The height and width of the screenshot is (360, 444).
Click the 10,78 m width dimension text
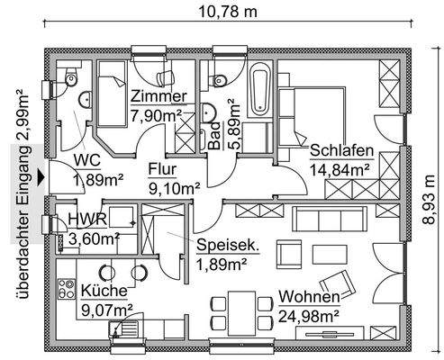point(228,12)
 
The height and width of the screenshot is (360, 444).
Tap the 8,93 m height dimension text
point(429,199)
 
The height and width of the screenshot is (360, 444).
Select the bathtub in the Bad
point(259,89)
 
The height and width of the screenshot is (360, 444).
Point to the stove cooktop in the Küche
point(67,289)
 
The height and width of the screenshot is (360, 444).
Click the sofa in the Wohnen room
point(330,219)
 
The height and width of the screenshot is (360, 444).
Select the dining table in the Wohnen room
point(241,312)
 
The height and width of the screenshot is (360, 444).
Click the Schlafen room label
point(341,150)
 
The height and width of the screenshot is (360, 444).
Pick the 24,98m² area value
point(309,316)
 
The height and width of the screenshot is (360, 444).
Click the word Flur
point(162,169)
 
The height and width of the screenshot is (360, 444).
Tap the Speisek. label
point(228,246)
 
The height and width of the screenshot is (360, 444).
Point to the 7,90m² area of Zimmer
point(156,115)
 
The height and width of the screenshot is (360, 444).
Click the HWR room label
point(87,220)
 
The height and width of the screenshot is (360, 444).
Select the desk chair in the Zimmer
point(166,77)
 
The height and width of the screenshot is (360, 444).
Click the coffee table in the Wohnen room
point(330,255)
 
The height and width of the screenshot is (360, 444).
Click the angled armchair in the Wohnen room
point(338,283)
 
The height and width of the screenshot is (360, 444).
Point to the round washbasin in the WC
point(85,99)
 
